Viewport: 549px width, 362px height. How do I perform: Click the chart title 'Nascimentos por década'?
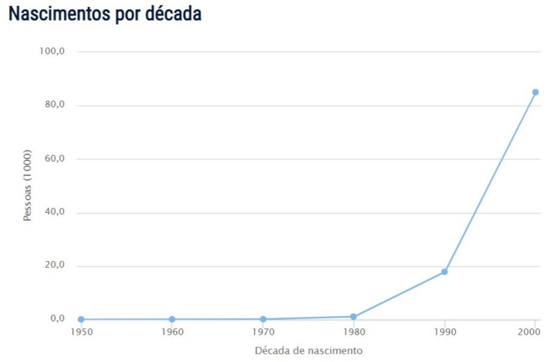(x=105, y=14)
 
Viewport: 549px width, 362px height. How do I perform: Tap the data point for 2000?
(x=535, y=92)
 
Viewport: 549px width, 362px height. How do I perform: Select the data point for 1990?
(x=444, y=272)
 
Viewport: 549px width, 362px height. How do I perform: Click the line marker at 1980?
(x=353, y=317)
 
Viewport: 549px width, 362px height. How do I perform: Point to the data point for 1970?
(x=263, y=319)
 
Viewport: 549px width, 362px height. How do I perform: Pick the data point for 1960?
(x=172, y=319)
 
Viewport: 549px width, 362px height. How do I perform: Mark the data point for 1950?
(x=81, y=319)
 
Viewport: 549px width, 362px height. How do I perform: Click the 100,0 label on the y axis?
(x=52, y=51)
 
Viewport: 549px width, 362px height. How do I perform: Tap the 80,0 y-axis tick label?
(x=54, y=105)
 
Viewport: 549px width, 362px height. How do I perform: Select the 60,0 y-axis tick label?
(x=54, y=159)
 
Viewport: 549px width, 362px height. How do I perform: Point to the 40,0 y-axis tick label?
(x=54, y=212)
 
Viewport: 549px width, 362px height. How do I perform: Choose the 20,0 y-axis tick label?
(x=54, y=265)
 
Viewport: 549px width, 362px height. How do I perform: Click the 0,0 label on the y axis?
(x=57, y=319)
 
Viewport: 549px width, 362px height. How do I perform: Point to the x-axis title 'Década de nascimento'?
(x=308, y=351)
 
